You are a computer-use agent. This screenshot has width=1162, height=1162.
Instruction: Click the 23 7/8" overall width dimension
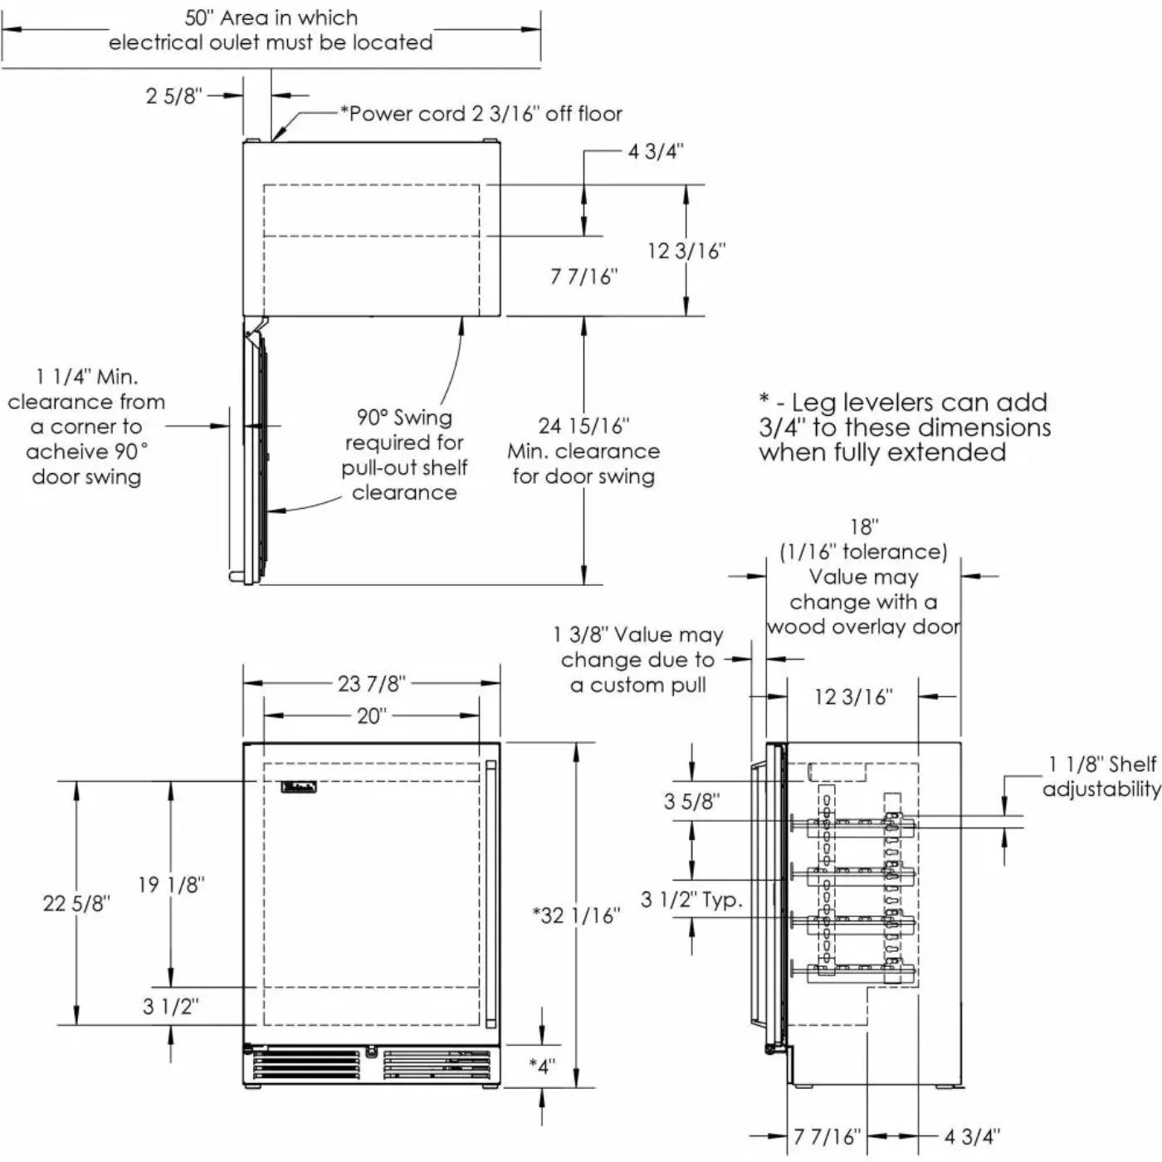(x=371, y=684)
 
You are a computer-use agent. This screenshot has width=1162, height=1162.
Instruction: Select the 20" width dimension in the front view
(x=371, y=715)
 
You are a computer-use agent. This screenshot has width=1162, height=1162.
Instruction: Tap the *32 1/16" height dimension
(x=576, y=915)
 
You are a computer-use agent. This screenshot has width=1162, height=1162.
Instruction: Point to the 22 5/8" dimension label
(x=76, y=903)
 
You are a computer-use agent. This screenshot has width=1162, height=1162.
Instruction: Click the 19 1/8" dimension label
(x=171, y=885)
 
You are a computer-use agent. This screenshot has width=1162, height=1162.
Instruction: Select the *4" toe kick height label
(x=543, y=1067)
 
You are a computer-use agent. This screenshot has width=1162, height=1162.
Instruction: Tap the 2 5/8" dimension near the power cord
(x=173, y=96)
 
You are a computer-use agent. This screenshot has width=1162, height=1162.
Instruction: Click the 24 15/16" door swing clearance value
(x=583, y=427)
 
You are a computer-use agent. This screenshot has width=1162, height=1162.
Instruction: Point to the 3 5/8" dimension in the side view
(x=691, y=802)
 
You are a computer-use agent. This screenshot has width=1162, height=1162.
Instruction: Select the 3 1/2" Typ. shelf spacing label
(x=691, y=900)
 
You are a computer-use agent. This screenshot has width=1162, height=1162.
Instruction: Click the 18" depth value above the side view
(x=863, y=527)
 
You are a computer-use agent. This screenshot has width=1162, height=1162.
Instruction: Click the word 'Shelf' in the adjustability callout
(x=1132, y=764)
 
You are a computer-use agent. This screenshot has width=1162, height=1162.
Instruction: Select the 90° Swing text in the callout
(x=404, y=417)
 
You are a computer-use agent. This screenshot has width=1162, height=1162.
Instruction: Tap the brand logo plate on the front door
(x=299, y=788)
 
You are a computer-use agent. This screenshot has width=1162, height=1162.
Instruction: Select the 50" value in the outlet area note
(x=199, y=18)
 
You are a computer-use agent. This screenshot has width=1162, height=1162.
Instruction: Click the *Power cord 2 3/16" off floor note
(x=481, y=114)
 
